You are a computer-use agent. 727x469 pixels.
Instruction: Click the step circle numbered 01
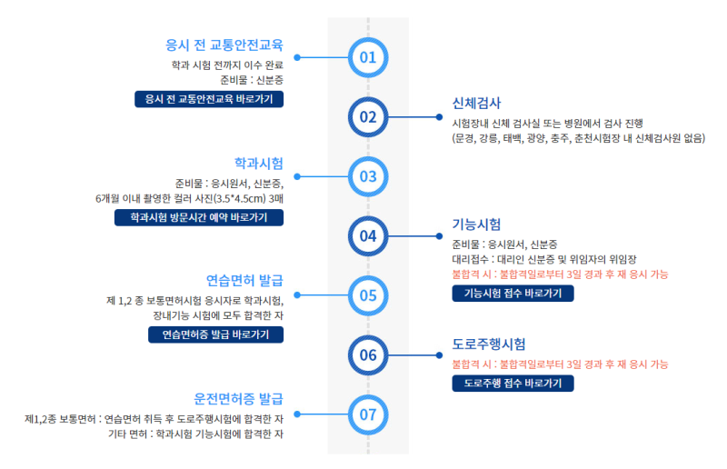(368, 57)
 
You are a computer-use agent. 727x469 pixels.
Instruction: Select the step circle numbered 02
(368, 116)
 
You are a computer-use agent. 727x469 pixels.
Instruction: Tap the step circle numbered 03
(368, 176)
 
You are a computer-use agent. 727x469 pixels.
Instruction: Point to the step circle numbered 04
(368, 235)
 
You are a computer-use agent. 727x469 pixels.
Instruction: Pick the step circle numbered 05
(368, 295)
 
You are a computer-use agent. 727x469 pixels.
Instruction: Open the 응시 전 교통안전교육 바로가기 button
(208, 99)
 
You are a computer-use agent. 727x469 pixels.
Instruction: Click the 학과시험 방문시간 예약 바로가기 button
(198, 217)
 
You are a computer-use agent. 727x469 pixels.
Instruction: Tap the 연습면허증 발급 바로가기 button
(215, 334)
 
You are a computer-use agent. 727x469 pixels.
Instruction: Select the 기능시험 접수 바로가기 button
(513, 293)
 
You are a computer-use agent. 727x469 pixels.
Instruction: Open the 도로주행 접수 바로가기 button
(513, 384)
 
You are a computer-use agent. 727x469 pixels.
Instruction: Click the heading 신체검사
(476, 103)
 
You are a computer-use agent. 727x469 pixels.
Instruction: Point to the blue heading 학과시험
(258, 163)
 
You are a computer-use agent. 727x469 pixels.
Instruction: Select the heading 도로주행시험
(489, 344)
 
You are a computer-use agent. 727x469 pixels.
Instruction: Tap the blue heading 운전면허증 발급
(238, 398)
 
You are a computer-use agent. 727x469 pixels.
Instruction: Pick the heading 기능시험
(476, 224)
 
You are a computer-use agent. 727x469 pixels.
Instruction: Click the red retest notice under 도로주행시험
(560, 364)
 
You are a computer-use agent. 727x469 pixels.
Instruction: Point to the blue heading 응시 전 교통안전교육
(224, 45)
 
